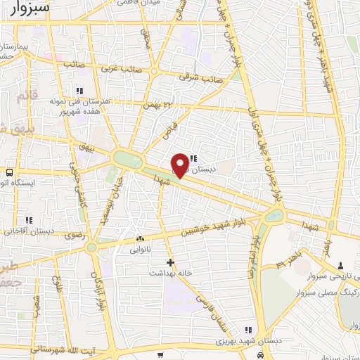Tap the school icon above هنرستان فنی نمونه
pos(79,91)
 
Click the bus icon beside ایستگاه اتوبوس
pos(10,172)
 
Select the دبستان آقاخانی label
pos(30,230)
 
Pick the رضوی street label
pos(75,237)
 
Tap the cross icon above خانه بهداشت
pos(170,262)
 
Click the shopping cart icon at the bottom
pos(161,355)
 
